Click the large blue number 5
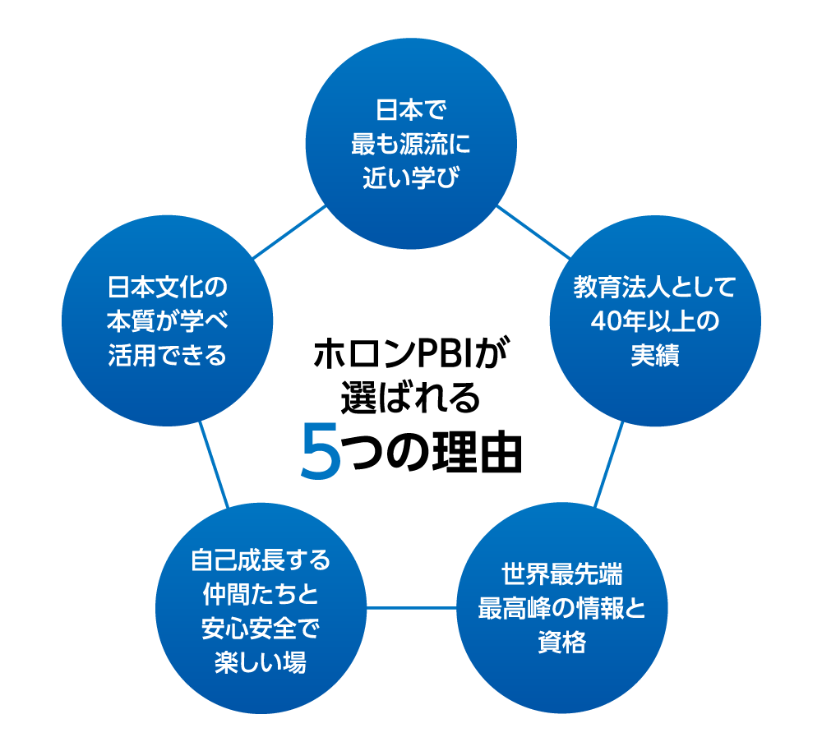321,451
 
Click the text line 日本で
410,110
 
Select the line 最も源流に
410,144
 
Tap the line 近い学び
410,177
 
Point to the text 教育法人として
654,288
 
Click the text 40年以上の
654,321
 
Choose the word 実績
654,355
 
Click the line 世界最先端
561,574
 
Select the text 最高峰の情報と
561,608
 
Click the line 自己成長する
261,560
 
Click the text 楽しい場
261,661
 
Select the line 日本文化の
167,288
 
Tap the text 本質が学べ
167,321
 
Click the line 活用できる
167,355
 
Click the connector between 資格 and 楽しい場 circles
411,608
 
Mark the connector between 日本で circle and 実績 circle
532,232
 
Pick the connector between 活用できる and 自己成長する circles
214,464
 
